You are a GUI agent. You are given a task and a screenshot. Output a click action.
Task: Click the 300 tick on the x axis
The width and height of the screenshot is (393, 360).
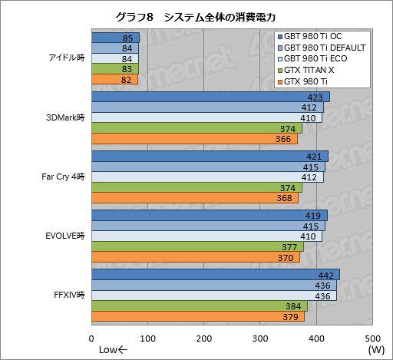pyautogui.click(x=260, y=339)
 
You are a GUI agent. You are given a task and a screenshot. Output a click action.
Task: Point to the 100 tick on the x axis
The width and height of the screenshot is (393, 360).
pyautogui.click(x=148, y=339)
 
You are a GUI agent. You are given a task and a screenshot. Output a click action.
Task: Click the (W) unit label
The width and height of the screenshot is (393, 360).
pyautogui.click(x=375, y=350)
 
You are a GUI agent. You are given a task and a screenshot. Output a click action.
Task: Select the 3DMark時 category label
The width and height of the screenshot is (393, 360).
pyautogui.click(x=68, y=117)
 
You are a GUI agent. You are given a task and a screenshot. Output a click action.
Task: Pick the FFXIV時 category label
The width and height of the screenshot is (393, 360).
pyautogui.click(x=70, y=295)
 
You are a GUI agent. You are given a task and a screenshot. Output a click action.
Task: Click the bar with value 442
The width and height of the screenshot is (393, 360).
pyautogui.click(x=215, y=275)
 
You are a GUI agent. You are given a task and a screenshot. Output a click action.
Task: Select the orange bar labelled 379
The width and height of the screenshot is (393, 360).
pyautogui.click(x=197, y=315)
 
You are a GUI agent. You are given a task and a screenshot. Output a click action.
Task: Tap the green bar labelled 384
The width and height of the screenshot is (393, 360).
pyautogui.click(x=199, y=306)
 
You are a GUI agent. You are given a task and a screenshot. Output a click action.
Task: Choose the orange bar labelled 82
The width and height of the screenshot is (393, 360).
pyautogui.click(x=114, y=79)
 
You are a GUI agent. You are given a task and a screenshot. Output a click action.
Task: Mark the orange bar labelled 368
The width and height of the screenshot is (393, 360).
pyautogui.click(x=194, y=197)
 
